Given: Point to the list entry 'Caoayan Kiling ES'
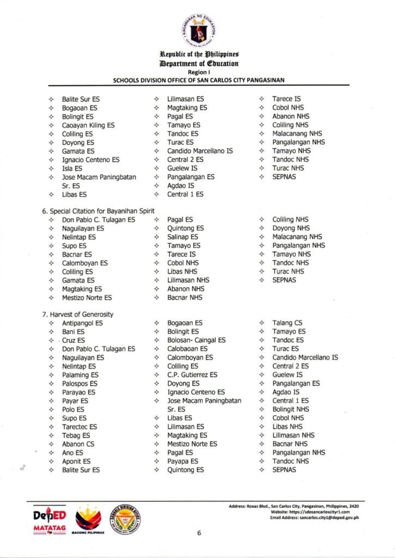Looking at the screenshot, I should pos(88,125).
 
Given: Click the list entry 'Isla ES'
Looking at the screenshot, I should pos(72,168).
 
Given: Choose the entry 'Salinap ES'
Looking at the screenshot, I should pos(183,237).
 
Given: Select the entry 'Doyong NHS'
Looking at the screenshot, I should pos(291,228).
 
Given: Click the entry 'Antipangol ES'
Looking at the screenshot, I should pos(82,323).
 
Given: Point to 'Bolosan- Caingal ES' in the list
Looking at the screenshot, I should pos(196,341).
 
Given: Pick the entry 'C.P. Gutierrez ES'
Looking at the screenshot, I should pos(192,375).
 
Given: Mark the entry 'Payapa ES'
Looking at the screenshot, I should pos(183,462).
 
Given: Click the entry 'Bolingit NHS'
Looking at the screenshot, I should pos(291,409).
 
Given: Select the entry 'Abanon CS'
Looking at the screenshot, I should pos(78,444).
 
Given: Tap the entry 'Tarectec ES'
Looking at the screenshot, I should pos(80,427).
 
